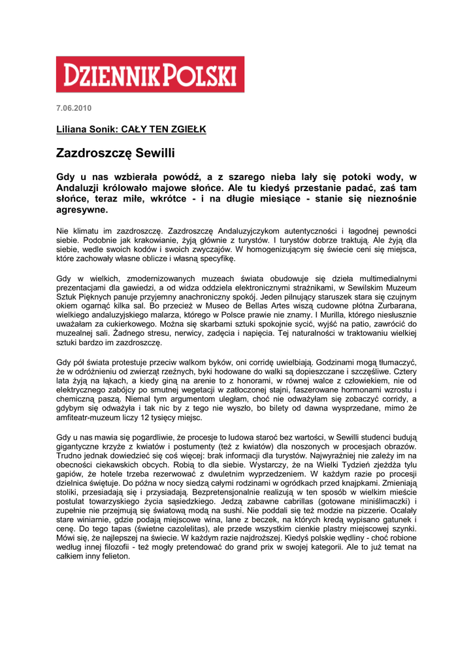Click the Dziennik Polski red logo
[150, 74]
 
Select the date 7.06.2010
[74, 108]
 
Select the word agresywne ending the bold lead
[82, 211]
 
